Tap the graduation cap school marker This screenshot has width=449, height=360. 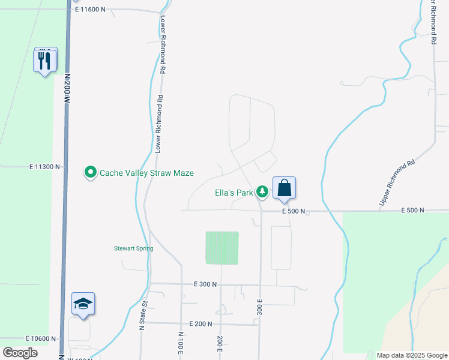(x=83, y=304)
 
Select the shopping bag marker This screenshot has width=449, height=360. (x=284, y=188)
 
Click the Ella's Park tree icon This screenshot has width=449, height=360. (x=262, y=191)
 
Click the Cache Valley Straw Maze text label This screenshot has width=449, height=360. (x=146, y=173)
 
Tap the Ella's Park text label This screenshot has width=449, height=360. (x=235, y=193)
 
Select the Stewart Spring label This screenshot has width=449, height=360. (x=134, y=248)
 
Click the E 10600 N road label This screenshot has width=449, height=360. (x=41, y=338)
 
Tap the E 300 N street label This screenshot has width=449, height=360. (x=205, y=284)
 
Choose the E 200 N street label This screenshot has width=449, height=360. (x=200, y=323)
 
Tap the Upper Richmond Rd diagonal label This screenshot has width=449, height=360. (x=397, y=184)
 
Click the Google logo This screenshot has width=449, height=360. (x=20, y=353)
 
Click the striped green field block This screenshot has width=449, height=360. (x=222, y=248)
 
